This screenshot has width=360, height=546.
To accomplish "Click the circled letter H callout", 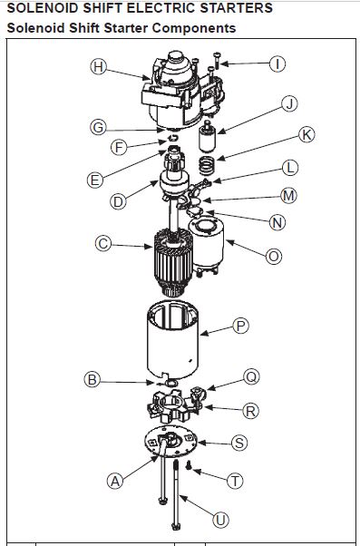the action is pos(98,66).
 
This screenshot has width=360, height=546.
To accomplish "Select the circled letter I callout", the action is pos(277,64).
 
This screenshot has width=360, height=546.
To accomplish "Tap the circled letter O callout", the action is pos(274,257).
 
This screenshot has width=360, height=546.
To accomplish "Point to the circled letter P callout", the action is pos(240,327).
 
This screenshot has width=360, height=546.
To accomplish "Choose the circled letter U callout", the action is pos(220,521).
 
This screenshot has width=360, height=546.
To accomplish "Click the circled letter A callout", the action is pos(115,482).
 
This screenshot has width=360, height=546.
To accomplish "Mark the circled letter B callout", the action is pos(92,379).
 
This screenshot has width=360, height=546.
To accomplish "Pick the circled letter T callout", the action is pos(235,482).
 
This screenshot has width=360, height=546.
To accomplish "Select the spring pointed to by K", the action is pos(207,166).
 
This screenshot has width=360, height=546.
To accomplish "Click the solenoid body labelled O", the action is pos(207,246).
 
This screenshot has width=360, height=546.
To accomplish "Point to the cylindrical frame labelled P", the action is pos(173,341).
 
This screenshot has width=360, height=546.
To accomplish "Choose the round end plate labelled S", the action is pos(170,442).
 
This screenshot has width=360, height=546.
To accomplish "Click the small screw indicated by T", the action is pos(189,465).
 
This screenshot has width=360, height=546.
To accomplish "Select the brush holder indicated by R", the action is pos(176,405).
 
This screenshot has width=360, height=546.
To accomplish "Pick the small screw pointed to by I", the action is pos(218,61).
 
